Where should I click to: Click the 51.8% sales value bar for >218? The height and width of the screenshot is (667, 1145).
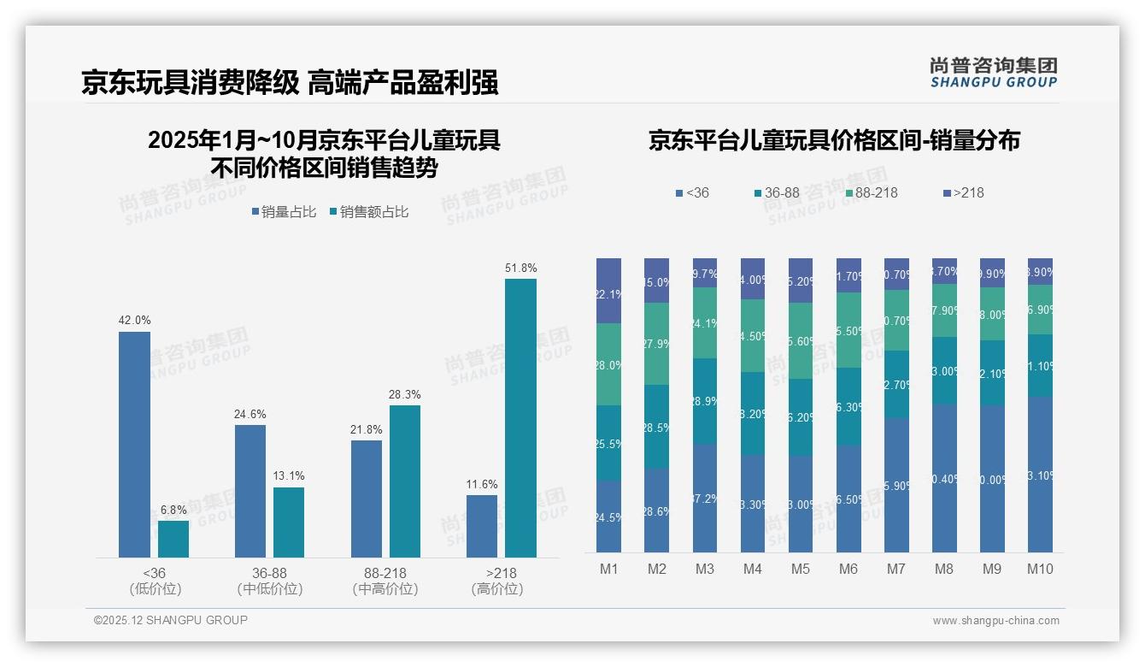(520, 418)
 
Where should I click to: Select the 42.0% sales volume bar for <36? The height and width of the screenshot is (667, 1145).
(134, 445)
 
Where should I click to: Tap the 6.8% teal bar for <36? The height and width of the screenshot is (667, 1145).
(173, 539)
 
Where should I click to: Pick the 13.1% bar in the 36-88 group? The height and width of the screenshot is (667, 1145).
(289, 522)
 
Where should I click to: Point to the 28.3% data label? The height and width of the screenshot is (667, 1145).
(404, 395)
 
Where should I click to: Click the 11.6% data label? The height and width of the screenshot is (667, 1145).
(482, 485)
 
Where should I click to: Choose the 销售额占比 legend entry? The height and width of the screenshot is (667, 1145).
(368, 212)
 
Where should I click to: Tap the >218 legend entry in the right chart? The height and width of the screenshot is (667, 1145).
(963, 193)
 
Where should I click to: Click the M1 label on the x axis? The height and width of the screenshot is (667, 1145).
(608, 570)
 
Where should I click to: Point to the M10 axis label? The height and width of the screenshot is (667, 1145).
(1040, 570)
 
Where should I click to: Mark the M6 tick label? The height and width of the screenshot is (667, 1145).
(848, 570)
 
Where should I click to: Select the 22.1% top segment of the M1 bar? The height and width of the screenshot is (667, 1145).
(608, 291)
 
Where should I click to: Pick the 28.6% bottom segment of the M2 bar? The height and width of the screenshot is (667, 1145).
(656, 511)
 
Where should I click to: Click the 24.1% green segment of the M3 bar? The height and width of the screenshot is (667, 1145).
(705, 323)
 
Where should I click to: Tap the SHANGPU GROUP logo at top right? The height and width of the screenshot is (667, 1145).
(993, 73)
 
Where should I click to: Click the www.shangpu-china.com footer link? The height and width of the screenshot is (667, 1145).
(995, 621)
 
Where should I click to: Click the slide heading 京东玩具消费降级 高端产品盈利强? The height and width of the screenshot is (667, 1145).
(290, 83)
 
